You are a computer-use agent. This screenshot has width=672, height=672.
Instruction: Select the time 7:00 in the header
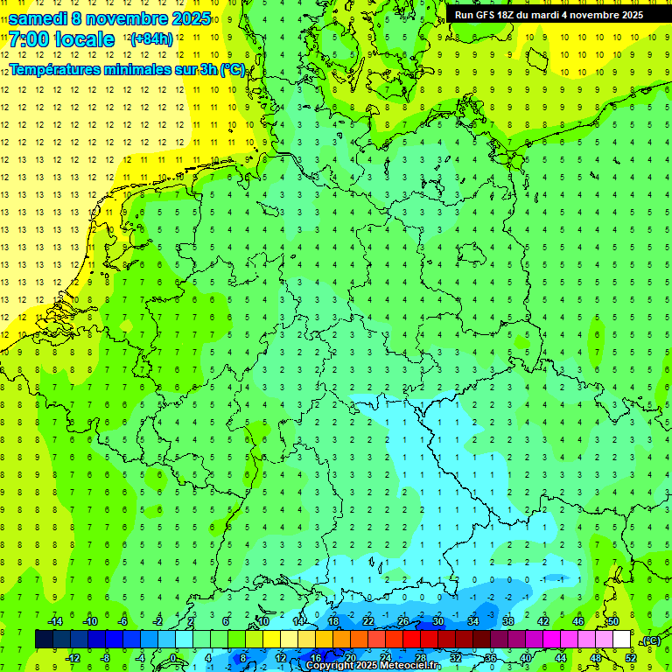coord(32,39)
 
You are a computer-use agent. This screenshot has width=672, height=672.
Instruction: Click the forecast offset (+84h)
coord(151,39)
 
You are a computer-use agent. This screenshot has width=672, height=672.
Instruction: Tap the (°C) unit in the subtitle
coord(233,70)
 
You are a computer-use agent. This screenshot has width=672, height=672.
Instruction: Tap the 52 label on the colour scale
coord(630,657)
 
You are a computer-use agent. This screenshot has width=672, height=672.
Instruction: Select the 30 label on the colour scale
coord(437,621)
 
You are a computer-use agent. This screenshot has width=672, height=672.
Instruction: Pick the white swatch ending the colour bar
coord(621,639)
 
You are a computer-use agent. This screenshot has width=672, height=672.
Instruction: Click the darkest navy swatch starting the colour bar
coord(44,639)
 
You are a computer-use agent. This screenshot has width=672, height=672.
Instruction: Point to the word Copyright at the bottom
coord(330,666)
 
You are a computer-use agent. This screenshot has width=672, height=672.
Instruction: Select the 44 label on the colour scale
coord(560,657)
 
